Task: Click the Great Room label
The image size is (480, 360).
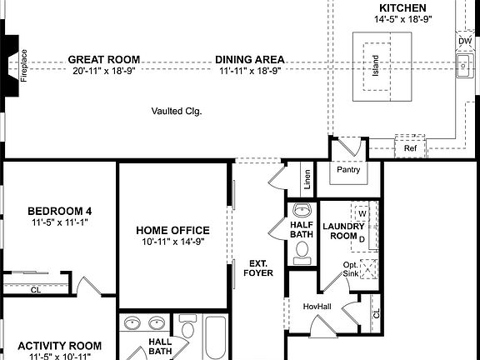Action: (x=103, y=59)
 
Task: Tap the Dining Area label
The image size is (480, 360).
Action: (x=250, y=59)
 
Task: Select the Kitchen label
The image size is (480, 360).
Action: (x=402, y=7)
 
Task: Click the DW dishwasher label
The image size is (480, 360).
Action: (x=464, y=41)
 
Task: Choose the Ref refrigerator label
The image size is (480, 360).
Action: (x=409, y=148)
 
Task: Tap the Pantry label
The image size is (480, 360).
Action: (x=348, y=169)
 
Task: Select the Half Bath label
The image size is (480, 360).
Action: (x=301, y=230)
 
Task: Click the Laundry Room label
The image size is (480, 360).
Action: (x=343, y=231)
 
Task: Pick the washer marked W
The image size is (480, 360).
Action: (x=362, y=212)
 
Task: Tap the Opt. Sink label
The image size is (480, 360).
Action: (x=351, y=268)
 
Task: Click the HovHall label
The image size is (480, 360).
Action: (x=317, y=307)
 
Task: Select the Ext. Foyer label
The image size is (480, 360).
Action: (x=257, y=267)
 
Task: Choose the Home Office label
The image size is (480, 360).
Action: (x=173, y=231)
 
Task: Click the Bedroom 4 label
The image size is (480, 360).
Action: (x=59, y=211)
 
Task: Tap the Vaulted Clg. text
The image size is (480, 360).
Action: (x=177, y=111)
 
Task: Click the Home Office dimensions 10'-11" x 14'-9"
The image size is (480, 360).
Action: (x=173, y=242)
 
